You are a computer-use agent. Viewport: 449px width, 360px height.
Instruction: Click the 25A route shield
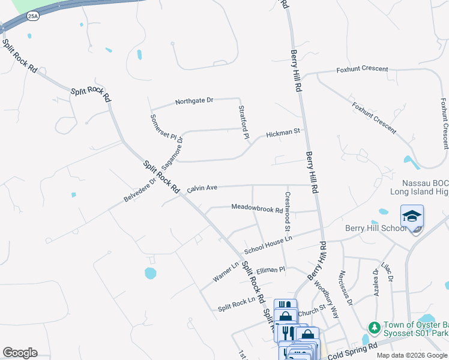(x=32, y=16)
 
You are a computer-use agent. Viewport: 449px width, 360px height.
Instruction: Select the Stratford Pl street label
(x=243, y=122)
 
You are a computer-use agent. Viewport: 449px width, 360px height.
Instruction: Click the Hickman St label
(x=283, y=131)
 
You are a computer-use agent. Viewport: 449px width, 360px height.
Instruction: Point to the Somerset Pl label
(x=164, y=127)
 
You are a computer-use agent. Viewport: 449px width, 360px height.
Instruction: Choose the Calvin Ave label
(x=202, y=188)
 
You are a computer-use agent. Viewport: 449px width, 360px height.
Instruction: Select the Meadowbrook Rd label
(x=257, y=209)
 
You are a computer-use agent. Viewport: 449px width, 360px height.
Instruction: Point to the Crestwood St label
(x=287, y=211)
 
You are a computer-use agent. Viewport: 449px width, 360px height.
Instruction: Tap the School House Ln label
(x=267, y=245)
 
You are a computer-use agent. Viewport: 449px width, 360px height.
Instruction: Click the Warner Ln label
(x=226, y=271)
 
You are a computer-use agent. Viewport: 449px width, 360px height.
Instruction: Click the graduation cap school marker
(x=412, y=217)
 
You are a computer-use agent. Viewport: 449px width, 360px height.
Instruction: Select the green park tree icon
(x=374, y=328)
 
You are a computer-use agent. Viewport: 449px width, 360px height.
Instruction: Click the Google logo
(x=20, y=353)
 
